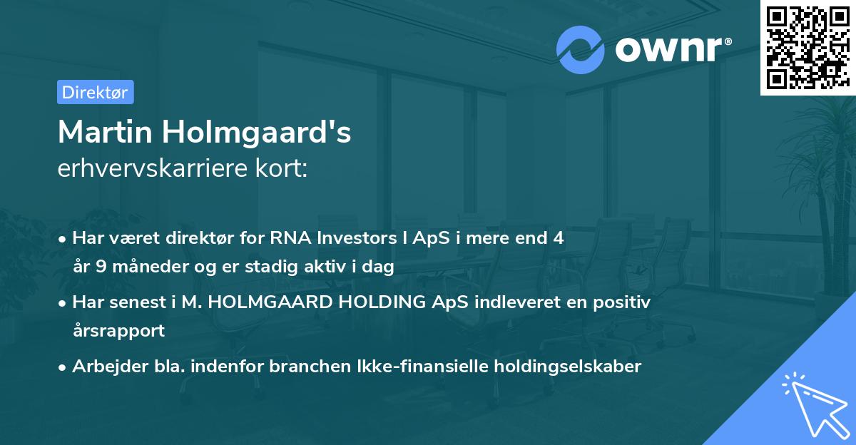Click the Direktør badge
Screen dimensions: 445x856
point(95,92)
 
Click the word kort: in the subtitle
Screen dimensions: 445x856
point(284,168)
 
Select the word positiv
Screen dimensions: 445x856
point(625,302)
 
